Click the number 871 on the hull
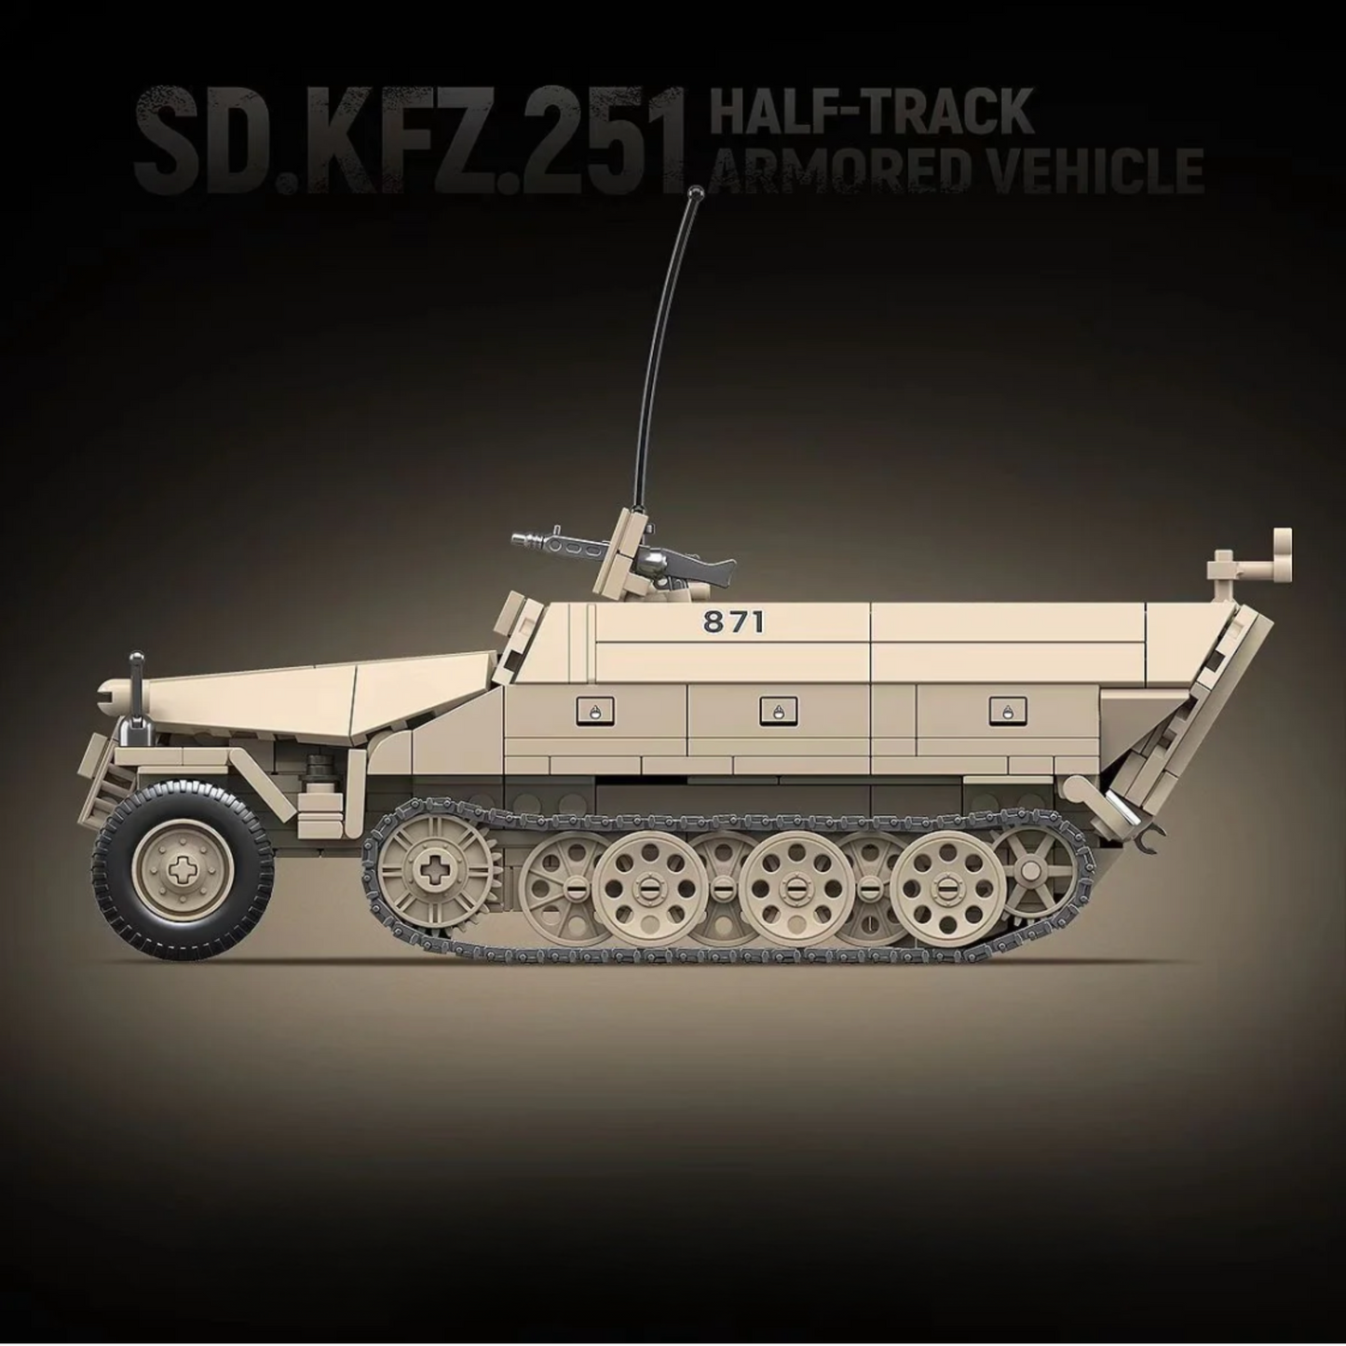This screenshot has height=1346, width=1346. (x=734, y=622)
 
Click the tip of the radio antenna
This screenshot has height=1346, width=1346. (x=693, y=193)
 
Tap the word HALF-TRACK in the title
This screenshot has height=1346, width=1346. (x=871, y=111)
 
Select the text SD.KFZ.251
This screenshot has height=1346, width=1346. (x=410, y=140)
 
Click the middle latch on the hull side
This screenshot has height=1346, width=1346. (x=773, y=711)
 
